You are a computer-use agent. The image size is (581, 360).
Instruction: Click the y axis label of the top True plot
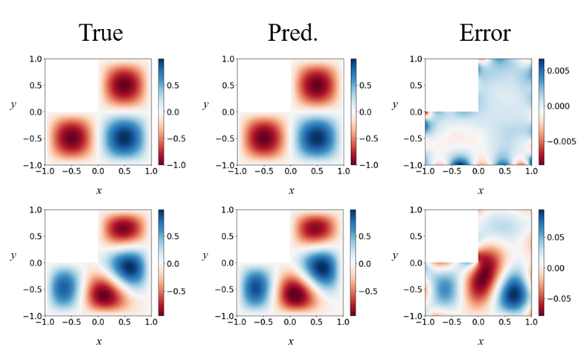pos(13,106)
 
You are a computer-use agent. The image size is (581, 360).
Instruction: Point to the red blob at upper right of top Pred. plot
pos(317,85)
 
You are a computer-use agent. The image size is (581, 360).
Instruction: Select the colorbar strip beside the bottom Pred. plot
pos(353,263)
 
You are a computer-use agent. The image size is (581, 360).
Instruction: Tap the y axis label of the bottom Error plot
pos(394,256)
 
